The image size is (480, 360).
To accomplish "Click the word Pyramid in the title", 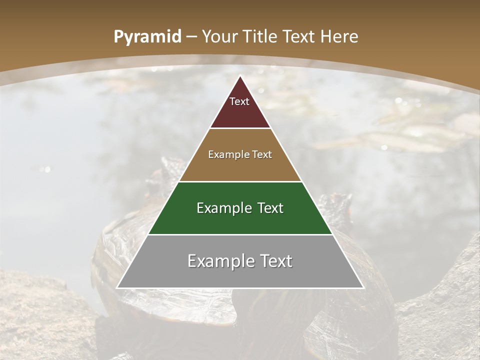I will tap(147, 37).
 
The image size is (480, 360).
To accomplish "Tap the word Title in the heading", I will tap(260, 37).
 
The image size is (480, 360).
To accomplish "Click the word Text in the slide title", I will tap(299, 37).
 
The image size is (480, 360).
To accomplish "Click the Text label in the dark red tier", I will tap(239, 101).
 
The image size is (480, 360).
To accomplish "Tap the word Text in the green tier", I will tap(270, 208).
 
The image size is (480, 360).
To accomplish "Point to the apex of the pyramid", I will tap(240, 76).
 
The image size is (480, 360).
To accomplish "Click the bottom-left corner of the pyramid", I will tap(117, 287).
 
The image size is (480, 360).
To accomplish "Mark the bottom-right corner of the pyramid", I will tap(362, 287).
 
